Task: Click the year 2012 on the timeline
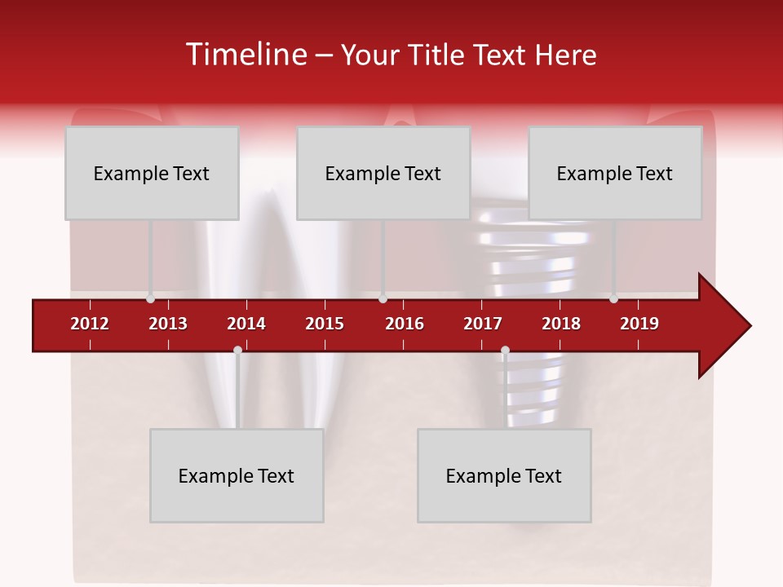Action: tap(90, 324)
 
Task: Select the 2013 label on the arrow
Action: tap(168, 324)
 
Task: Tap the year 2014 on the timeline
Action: tap(246, 324)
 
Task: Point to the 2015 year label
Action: tap(325, 324)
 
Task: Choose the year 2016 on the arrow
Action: tap(405, 324)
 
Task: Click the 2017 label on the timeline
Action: tap(483, 324)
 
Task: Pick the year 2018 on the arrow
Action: tap(561, 324)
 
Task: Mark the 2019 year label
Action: tap(639, 324)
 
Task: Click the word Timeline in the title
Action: tap(245, 55)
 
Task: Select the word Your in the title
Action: tap(369, 55)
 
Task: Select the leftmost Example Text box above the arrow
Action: tap(152, 173)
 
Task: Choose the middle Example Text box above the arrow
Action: tap(383, 173)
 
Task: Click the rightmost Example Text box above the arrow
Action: tap(615, 173)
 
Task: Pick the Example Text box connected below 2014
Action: tap(237, 475)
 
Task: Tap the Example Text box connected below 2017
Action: tap(504, 475)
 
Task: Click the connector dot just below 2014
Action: tap(237, 351)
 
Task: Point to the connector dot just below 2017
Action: tap(505, 351)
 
